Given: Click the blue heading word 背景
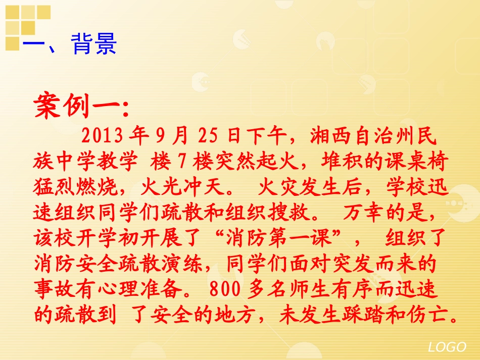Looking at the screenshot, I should pyautogui.click(x=94, y=44).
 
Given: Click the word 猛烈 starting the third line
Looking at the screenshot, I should pyautogui.click(x=53, y=188).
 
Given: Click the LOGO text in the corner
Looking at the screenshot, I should pyautogui.click(x=447, y=347).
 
